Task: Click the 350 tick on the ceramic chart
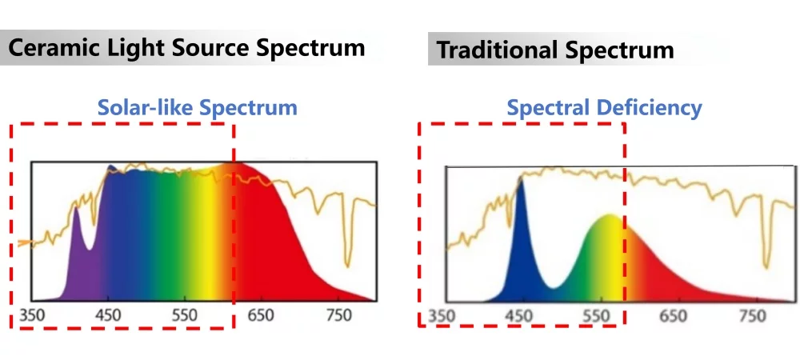pyautogui.click(x=32, y=316)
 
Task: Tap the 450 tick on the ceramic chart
pyautogui.click(x=108, y=316)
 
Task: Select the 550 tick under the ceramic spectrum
pyautogui.click(x=184, y=316)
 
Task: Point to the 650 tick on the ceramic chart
pyautogui.click(x=261, y=316)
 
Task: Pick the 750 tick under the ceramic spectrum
pyautogui.click(x=338, y=316)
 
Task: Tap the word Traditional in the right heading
pyautogui.click(x=496, y=51)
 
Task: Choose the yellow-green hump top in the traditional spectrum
pyautogui.click(x=608, y=217)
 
